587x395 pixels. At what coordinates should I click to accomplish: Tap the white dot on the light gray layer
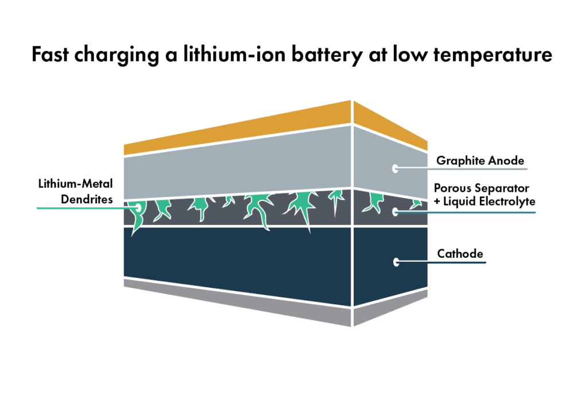click(x=395, y=168)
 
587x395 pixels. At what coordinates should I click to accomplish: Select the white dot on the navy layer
click(x=396, y=262)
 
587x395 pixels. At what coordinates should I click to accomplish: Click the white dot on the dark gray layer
click(x=395, y=212)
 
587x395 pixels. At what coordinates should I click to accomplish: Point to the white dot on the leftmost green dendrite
click(x=138, y=207)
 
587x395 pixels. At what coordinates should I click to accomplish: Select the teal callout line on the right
click(x=470, y=212)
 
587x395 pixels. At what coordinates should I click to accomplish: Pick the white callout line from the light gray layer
click(x=464, y=169)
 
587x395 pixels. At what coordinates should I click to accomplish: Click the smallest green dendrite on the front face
click(x=229, y=200)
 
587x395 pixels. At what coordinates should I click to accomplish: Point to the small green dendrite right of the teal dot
click(x=416, y=204)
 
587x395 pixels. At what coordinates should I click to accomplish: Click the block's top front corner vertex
click(x=351, y=99)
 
